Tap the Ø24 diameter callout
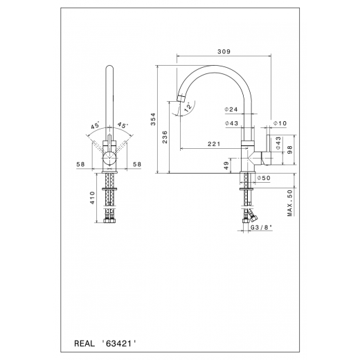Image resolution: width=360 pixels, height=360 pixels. [x=231, y=109]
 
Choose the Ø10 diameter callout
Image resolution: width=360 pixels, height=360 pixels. [x=280, y=123]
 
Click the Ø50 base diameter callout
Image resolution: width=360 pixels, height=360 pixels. [x=263, y=179]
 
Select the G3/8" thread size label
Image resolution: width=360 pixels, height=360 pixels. [x=261, y=225]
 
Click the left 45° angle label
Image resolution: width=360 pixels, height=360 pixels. [x=95, y=126]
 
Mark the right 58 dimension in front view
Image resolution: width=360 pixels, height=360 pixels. [x=138, y=165]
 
